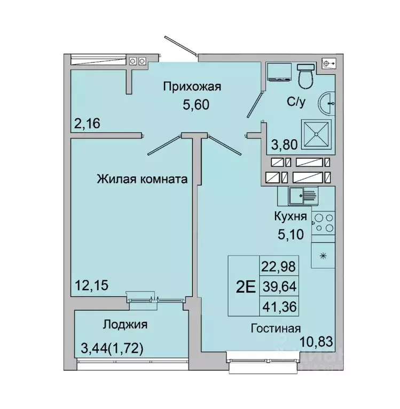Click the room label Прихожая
tap(192, 86)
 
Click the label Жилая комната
tap(142, 180)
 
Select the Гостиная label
tap(276, 328)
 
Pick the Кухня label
tap(290, 216)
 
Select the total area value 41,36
tap(279, 306)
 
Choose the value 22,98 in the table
tap(279, 266)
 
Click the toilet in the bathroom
tap(307, 77)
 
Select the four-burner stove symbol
tap(324, 222)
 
